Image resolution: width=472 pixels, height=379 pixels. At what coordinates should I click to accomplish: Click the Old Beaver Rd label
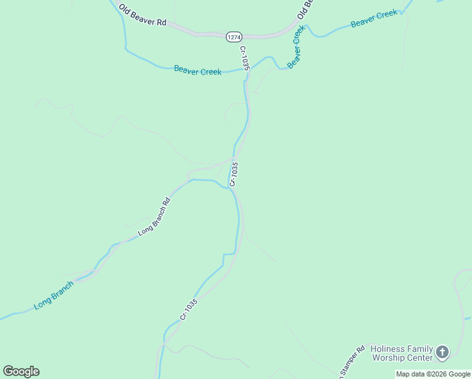(x=142, y=17)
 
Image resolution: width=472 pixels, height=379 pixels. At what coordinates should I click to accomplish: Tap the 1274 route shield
(x=233, y=37)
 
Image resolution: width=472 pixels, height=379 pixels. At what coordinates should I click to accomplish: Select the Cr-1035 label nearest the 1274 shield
(x=245, y=57)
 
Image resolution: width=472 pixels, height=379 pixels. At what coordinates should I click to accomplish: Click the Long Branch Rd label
(x=155, y=218)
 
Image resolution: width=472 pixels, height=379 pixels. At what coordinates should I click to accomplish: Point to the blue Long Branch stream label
(x=54, y=294)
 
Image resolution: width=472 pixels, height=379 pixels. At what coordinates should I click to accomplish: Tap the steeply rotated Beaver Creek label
(x=296, y=47)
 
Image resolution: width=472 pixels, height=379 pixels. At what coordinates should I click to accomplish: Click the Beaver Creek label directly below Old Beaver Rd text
(x=198, y=71)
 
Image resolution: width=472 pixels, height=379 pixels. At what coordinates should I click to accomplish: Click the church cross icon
(x=443, y=352)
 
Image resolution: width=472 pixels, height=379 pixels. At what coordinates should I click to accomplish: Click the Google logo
(x=21, y=371)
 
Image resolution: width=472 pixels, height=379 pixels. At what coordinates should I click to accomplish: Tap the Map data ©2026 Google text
(x=433, y=374)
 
